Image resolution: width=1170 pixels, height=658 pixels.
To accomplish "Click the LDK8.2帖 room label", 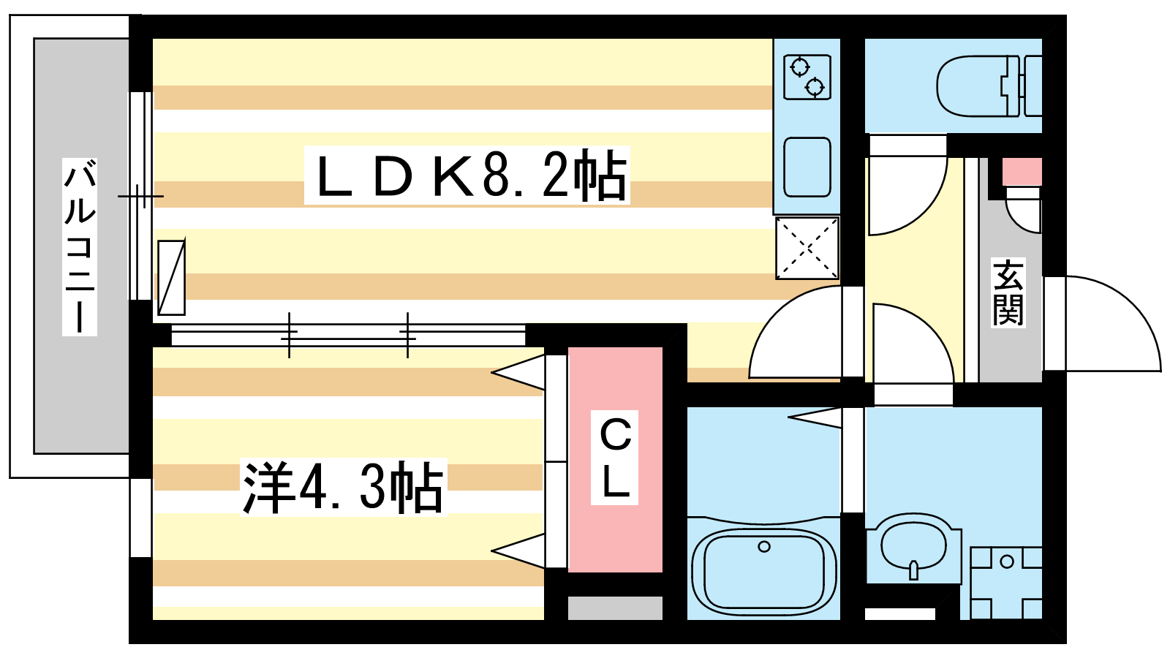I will click(x=467, y=176).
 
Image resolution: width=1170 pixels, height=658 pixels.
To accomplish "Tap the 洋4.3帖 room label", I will click(x=343, y=488).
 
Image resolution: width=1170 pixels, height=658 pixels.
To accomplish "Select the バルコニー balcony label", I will click(x=79, y=246).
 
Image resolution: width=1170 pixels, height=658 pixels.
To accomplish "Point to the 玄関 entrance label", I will click(x=1008, y=292).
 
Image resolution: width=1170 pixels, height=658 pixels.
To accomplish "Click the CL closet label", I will click(x=615, y=458).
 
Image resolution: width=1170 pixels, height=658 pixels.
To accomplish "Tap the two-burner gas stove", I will click(x=807, y=77).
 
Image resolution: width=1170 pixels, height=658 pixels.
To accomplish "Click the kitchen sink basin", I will click(x=807, y=167).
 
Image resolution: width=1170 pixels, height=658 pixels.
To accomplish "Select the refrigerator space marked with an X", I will click(x=807, y=248).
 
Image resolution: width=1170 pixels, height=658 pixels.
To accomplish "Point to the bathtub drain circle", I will click(x=764, y=546).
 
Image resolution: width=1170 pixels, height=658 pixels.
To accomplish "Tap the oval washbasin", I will click(x=914, y=545).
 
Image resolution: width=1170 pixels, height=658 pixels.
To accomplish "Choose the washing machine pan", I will click(x=1006, y=583).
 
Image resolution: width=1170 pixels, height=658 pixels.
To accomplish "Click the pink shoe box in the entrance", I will click(x=1022, y=172).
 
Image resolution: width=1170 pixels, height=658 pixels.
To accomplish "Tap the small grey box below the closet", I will click(x=615, y=608).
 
